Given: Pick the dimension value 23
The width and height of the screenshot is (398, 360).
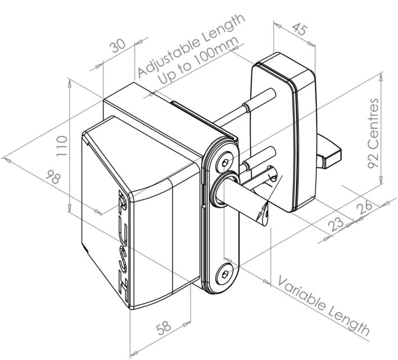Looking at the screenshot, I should click(x=338, y=224).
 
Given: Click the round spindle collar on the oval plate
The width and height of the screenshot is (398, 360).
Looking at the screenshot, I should click(x=220, y=190).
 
